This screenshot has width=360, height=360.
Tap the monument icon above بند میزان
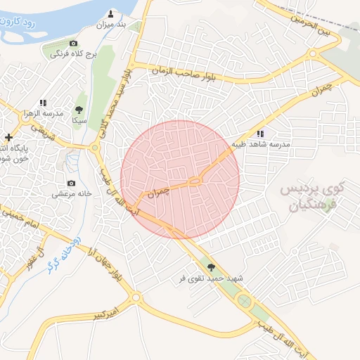coord(112,13)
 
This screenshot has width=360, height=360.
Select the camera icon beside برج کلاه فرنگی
coord(72,44)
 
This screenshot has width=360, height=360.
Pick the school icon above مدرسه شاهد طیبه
coord(261,134)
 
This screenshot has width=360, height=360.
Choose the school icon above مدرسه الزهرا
coord(43,103)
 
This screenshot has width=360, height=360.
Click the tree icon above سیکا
coord(78,110)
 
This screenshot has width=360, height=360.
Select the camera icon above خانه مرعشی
coord(70,183)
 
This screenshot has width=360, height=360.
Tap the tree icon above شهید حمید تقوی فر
coord(211,266)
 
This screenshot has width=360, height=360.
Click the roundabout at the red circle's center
coord(195,181)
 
